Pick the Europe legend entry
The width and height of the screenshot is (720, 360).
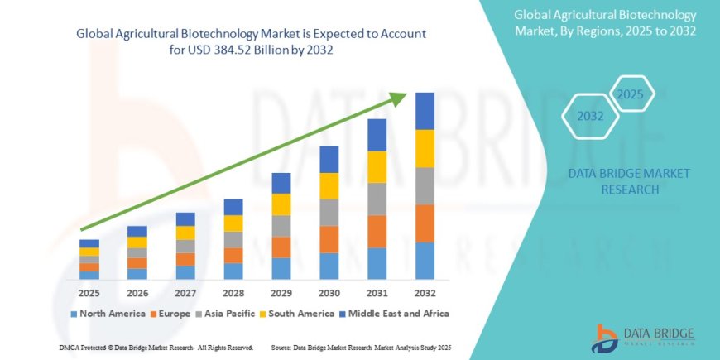tap(172, 314)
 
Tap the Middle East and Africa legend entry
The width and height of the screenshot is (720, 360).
tap(395, 314)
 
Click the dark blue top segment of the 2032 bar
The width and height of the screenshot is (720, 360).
tap(425, 111)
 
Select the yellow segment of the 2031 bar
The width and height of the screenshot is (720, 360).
tap(377, 167)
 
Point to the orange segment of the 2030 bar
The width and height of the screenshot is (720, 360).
tap(329, 239)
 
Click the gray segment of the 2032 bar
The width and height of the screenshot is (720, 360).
tap(425, 186)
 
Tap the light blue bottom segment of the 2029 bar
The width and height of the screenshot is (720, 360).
tap(281, 268)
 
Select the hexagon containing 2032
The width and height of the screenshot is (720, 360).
tap(591, 117)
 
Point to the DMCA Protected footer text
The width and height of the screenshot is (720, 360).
tap(156, 347)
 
